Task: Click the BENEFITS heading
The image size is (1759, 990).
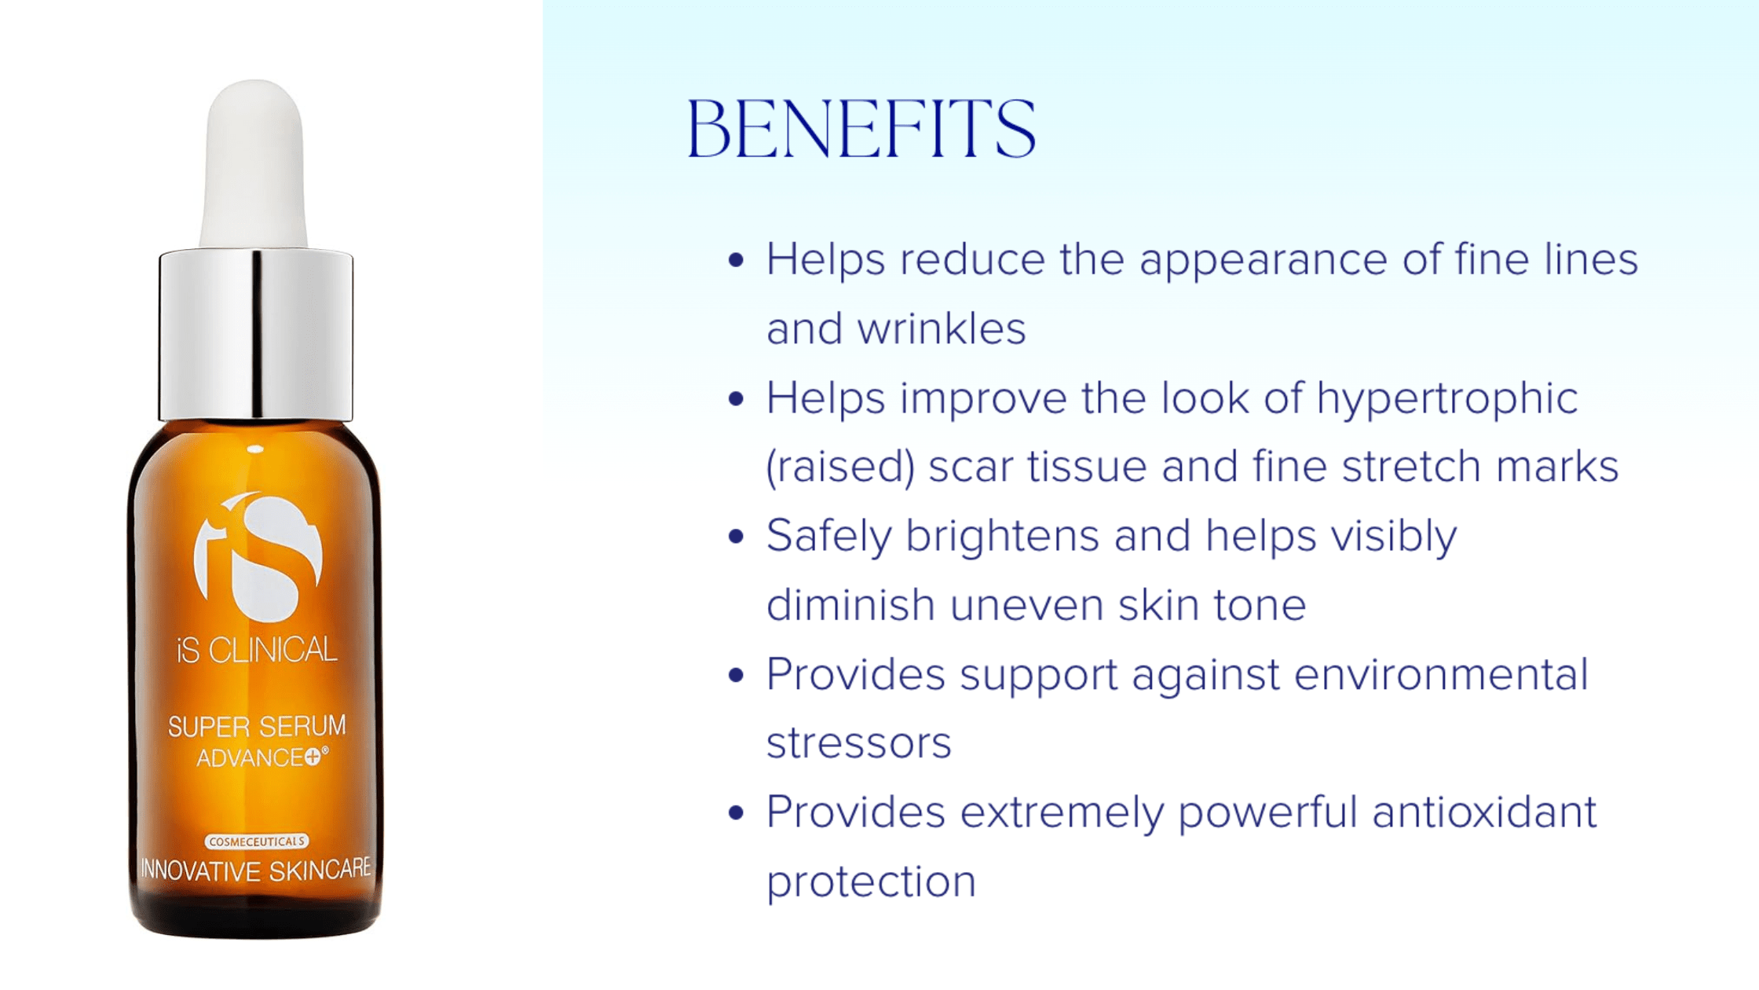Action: point(861,129)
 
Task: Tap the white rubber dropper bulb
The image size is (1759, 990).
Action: point(254,165)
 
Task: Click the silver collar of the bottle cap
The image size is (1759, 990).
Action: point(256,335)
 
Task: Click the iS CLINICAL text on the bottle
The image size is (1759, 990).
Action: point(257,650)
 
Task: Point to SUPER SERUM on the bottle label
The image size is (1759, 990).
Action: point(257,726)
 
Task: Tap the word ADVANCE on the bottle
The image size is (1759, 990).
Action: point(250,758)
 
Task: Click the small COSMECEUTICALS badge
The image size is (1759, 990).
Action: point(257,841)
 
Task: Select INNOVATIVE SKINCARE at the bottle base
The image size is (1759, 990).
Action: point(256,870)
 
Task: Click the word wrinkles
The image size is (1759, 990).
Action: point(942,328)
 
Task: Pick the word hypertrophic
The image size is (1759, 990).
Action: point(1447,399)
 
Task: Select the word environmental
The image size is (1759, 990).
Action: point(1441,674)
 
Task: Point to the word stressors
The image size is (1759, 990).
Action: point(858,743)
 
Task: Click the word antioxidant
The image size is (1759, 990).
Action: point(1484,812)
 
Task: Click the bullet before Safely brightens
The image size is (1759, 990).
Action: point(736,537)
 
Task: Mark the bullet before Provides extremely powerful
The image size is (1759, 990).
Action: point(736,812)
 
